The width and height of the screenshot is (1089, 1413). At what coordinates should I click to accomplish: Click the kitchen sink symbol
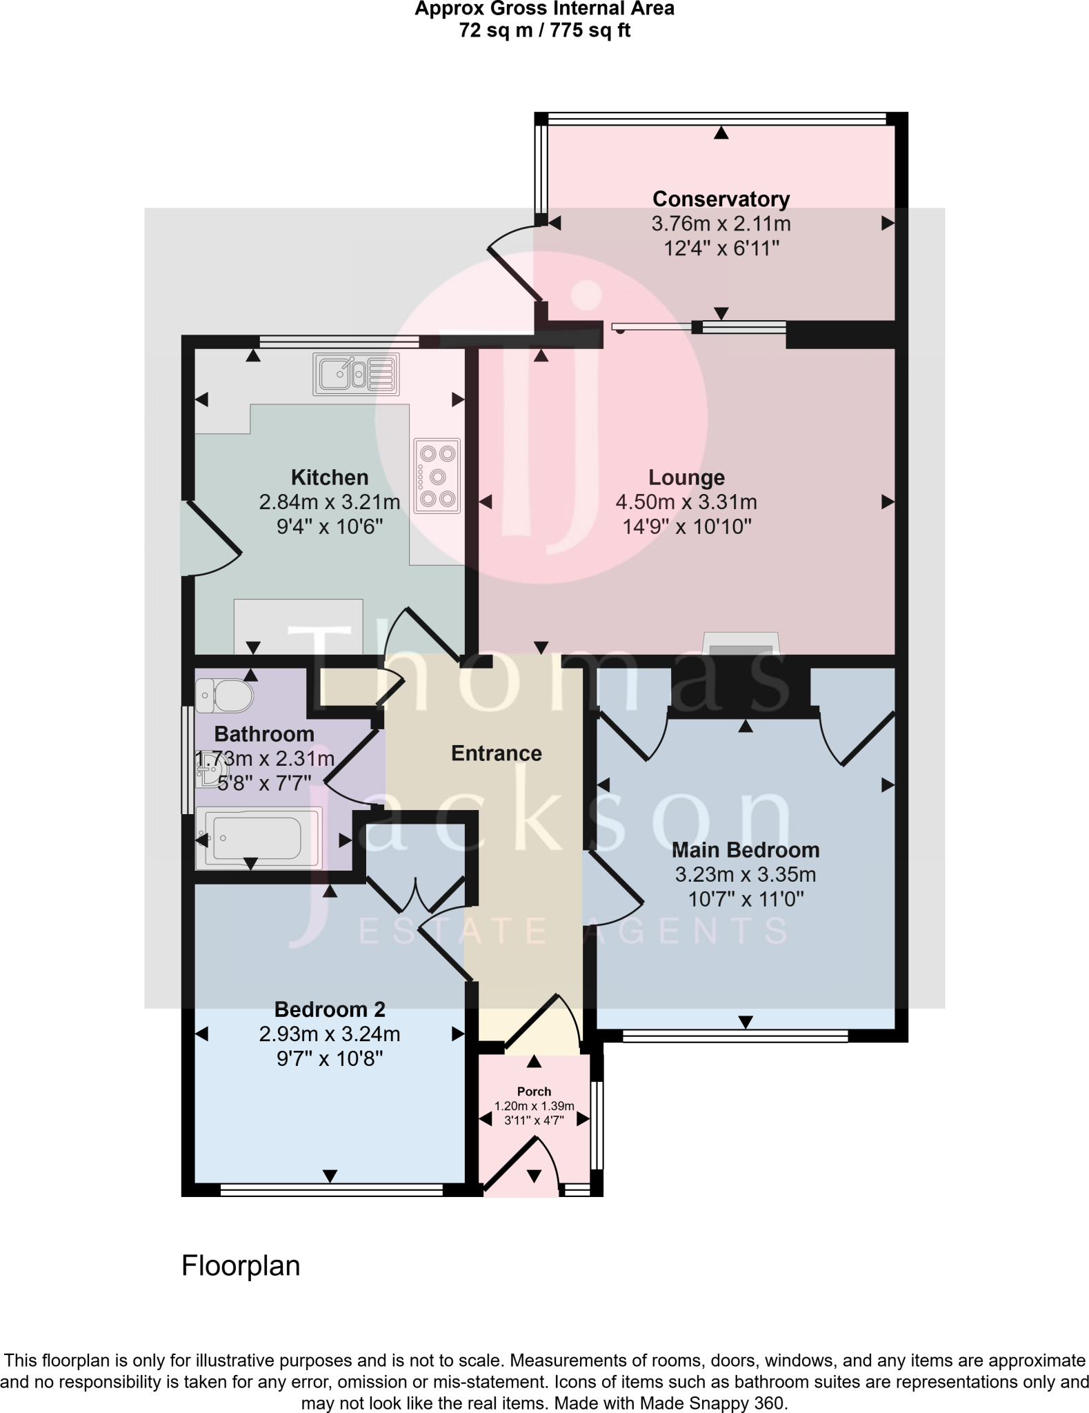356,375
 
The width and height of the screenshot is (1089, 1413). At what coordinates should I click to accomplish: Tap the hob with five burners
437,476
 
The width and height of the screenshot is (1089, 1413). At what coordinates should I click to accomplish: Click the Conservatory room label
721,199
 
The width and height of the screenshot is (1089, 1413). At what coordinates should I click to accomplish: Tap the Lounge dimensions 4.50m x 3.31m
686,502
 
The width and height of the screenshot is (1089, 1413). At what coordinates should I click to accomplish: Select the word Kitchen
330,477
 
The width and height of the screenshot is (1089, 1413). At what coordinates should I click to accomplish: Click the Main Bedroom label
746,850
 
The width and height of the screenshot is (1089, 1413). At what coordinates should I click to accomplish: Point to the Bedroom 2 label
330,1009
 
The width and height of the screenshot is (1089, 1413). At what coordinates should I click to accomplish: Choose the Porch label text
534,1091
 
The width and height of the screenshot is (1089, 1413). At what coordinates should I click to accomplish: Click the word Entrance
497,753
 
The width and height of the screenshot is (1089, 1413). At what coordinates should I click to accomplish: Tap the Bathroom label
264,734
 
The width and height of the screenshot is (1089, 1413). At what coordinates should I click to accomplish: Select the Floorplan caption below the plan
241,1266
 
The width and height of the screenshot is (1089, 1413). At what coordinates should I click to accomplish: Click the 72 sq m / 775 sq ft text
545,31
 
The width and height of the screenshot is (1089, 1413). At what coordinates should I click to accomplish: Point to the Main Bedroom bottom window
735,1035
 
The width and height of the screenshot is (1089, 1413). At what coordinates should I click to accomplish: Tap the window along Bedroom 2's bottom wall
331,1189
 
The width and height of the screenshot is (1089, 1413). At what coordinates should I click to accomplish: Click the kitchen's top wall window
339,341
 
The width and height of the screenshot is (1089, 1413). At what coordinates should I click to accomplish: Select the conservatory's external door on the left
514,266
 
